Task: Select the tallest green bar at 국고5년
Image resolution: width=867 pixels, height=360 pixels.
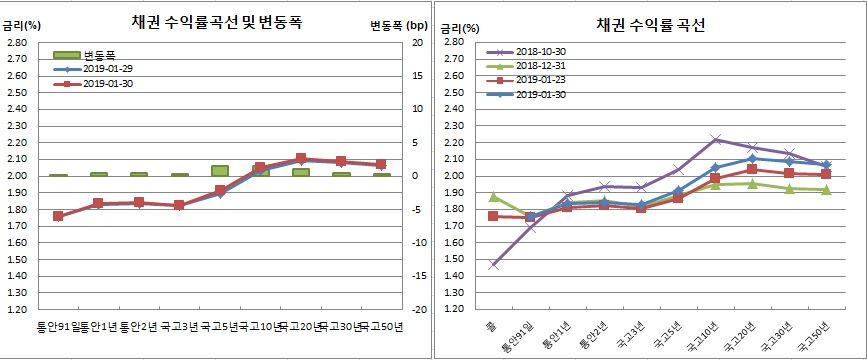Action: point(219,171)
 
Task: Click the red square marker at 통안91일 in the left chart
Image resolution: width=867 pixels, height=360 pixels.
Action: point(58,216)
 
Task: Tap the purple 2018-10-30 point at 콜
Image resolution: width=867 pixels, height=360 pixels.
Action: point(493,265)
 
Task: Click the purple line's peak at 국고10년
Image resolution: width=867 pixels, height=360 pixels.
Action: point(715,139)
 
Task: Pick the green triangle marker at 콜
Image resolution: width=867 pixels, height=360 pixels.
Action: point(493,197)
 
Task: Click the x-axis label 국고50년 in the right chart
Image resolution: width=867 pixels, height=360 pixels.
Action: point(812,338)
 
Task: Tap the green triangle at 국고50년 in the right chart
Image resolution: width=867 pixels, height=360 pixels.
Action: point(826,189)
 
